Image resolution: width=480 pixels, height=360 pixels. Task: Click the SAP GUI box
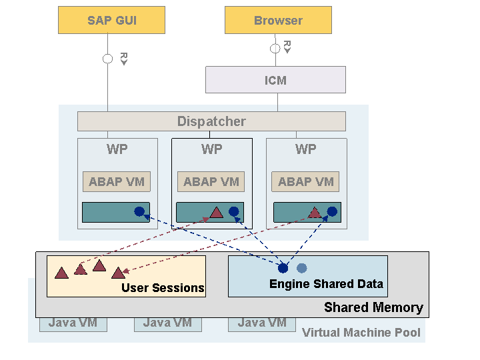point(112,20)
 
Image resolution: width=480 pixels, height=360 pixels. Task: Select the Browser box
point(278,20)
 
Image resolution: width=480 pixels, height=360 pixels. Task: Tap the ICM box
point(275,79)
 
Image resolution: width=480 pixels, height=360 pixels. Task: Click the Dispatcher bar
point(211,121)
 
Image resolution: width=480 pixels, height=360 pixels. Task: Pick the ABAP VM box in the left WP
point(117,181)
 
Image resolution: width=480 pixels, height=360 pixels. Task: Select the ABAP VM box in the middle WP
point(211,181)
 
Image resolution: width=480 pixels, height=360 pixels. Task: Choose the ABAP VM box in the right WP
point(305,181)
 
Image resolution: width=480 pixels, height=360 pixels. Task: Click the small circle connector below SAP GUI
point(107,59)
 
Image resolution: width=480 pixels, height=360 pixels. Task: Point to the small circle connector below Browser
point(275,49)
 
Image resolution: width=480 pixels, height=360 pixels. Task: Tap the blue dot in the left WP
point(139,211)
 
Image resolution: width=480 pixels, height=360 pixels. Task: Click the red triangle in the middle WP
point(217,212)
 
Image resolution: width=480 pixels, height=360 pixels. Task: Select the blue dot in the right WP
point(332,211)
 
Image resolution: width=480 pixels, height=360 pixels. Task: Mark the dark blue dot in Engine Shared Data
point(283,268)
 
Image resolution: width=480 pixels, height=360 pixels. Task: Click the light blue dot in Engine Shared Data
point(302,268)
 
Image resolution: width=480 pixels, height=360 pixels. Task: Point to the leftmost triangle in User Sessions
point(61,273)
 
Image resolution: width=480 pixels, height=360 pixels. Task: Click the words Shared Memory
point(373,307)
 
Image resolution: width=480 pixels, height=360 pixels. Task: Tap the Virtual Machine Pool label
point(361,333)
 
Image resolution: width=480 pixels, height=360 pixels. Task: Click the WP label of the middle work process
point(211,149)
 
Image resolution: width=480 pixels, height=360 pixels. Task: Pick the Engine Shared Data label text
point(326,284)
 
